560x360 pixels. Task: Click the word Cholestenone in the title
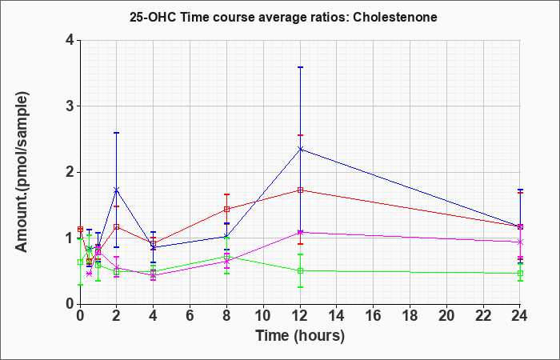394,17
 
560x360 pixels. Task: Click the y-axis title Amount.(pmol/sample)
22,172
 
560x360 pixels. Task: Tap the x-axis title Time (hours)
300,336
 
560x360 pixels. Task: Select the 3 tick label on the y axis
70,106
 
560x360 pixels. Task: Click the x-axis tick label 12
300,316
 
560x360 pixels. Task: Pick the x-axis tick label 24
519,316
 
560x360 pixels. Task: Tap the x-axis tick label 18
410,316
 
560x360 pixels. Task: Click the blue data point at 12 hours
300,149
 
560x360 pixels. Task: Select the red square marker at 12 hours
300,190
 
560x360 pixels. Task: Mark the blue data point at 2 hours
116,190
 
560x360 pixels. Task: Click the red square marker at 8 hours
226,210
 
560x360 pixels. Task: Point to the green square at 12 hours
300,270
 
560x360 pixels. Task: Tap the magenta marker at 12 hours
300,233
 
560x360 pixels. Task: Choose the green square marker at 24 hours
520,274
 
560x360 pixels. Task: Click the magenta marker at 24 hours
520,242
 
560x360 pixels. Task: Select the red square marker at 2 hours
116,226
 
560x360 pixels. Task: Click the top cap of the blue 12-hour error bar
300,67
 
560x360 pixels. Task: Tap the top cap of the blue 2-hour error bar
116,133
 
